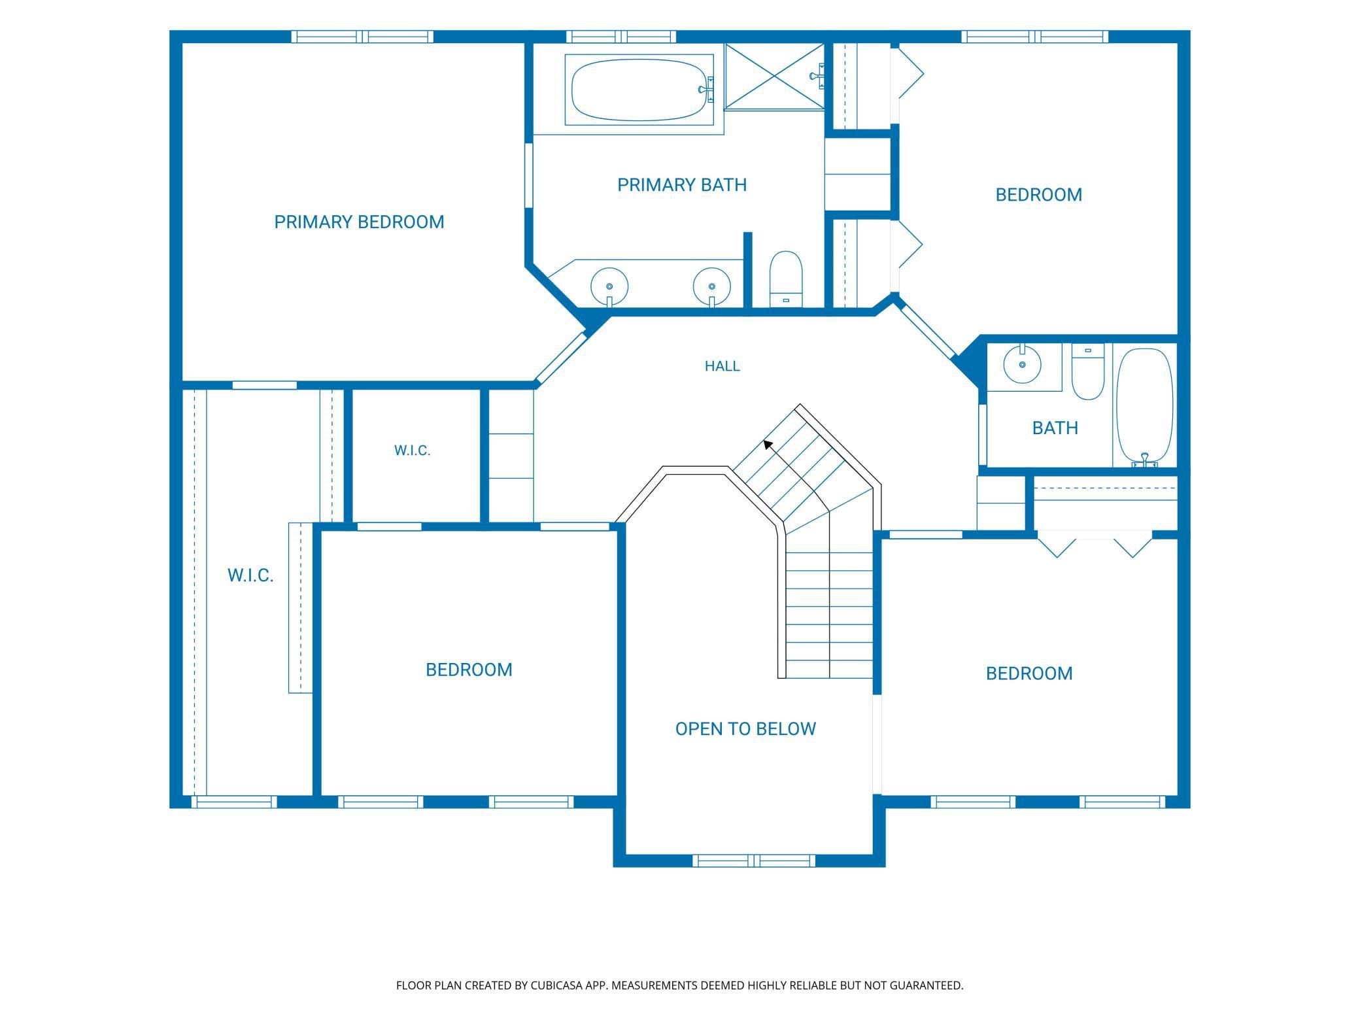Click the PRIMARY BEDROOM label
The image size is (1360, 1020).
pos(359,222)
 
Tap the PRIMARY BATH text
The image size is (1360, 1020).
pos(682,185)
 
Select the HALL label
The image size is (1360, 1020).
pos(722,366)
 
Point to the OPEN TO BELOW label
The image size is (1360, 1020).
pos(745,729)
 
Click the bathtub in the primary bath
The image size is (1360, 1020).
pos(639,90)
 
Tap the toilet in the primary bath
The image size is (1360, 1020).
pos(786,279)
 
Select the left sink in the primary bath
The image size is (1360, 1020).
pos(609,286)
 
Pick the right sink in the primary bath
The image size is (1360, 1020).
pos(712,286)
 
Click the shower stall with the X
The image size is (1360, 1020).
pos(775,76)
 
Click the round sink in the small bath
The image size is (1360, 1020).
pos(1022,364)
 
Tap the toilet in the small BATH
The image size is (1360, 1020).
pos(1088,371)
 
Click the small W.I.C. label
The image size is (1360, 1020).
pos(413,450)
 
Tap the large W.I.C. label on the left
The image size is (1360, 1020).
pos(250,575)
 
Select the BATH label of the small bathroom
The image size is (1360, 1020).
pos(1055,428)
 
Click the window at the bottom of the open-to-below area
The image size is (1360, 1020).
pos(754,860)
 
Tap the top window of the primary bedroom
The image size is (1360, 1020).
pos(362,37)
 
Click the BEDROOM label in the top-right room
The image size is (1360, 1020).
pos(1039,195)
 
